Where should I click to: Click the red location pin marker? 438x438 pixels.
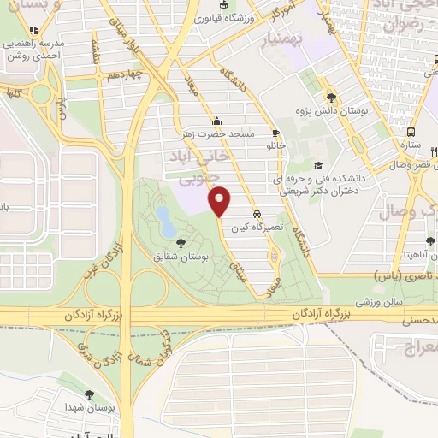click(x=221, y=200)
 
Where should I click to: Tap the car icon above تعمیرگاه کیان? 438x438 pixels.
click(x=257, y=214)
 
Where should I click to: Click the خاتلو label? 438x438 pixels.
click(x=275, y=147)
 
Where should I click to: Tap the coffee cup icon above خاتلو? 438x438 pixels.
click(x=275, y=133)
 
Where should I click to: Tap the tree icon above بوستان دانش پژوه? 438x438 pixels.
click(x=332, y=97)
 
